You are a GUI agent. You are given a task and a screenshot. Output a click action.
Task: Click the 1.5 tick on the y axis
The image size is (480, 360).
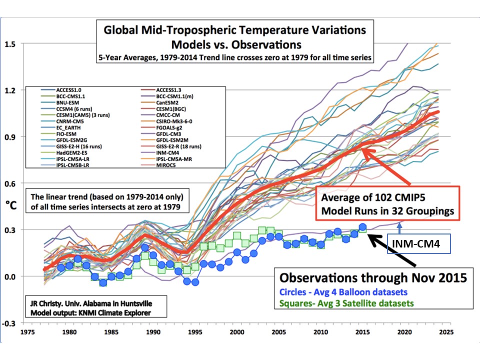click(11, 43)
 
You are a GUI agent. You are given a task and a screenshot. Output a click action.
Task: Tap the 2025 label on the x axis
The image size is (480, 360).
click(446, 332)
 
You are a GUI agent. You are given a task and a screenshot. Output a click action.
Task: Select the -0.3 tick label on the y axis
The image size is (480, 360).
click(10, 323)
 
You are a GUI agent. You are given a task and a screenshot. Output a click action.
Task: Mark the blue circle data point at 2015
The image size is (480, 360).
click(362, 227)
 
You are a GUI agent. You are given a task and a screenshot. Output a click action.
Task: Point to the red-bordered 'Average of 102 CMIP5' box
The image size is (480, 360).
click(387, 203)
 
